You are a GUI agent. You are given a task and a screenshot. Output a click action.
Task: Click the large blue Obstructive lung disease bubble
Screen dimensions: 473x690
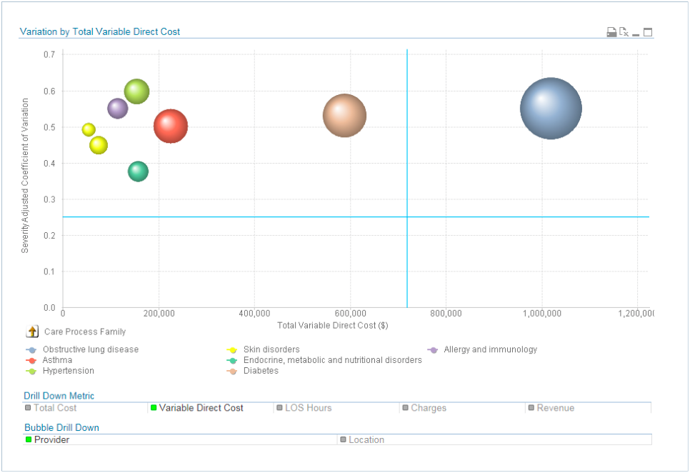(550, 109)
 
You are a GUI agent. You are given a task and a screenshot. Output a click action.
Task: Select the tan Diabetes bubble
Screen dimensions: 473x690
(344, 116)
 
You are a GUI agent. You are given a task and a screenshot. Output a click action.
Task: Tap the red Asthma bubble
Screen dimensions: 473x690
(170, 126)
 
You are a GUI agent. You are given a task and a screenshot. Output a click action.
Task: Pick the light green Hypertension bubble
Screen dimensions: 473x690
(136, 91)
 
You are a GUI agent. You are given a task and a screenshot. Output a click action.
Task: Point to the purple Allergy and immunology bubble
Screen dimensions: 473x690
(117, 109)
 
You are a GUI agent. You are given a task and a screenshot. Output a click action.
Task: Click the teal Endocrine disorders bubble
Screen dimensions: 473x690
(138, 171)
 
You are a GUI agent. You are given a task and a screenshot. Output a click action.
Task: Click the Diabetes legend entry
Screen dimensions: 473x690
(261, 371)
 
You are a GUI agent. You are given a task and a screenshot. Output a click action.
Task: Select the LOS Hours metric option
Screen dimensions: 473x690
(308, 408)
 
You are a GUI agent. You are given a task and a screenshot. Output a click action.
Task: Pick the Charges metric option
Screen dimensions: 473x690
(428, 408)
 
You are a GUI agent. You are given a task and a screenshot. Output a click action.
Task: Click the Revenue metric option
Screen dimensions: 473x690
(555, 408)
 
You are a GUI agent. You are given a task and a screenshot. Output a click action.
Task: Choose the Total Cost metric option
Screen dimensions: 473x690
(54, 408)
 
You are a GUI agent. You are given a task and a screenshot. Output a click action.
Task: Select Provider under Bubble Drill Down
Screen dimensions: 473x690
(51, 440)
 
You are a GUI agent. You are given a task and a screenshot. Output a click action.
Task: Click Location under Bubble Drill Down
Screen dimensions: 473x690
(366, 440)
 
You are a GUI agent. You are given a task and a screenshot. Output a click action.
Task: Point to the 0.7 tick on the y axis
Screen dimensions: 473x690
(49, 54)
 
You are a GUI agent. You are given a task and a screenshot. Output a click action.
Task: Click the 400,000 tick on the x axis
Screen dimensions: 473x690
(254, 314)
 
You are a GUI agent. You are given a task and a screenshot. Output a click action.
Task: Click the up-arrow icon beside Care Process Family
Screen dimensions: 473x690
(33, 332)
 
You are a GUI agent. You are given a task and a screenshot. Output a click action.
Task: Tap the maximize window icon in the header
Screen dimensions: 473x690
(648, 32)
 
